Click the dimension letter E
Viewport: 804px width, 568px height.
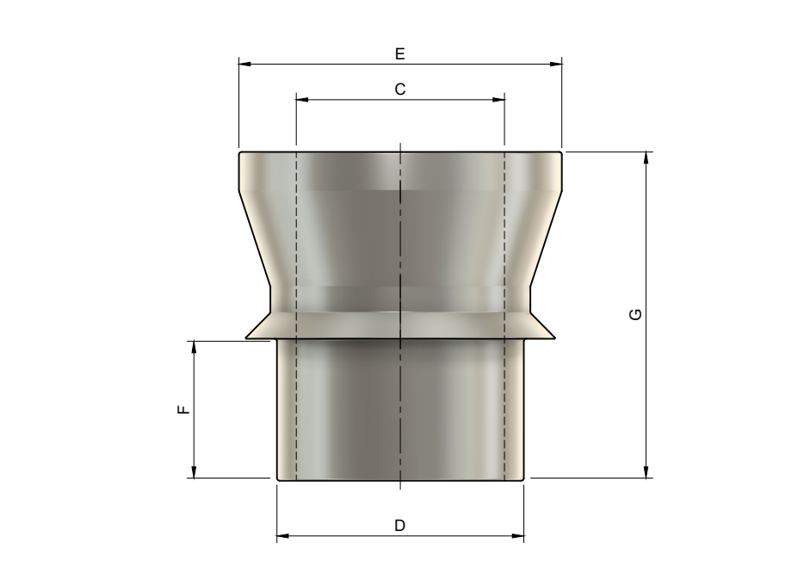click(x=399, y=53)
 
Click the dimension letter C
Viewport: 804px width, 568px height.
click(x=399, y=89)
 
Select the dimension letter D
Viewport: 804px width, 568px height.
click(x=399, y=526)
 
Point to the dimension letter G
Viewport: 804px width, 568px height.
click(x=635, y=315)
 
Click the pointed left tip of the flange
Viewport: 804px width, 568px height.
click(x=246, y=338)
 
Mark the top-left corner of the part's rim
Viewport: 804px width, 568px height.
click(x=240, y=152)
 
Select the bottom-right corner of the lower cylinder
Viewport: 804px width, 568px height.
click(x=524, y=478)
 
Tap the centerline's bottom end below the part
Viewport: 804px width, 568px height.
click(x=401, y=491)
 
